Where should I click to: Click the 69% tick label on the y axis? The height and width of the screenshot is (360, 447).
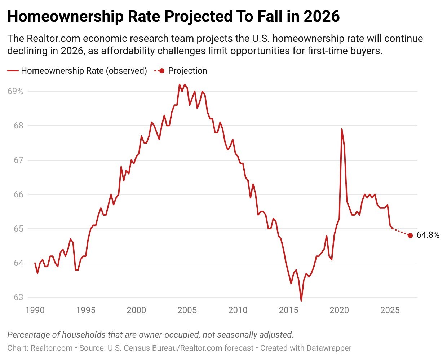coord(15,91)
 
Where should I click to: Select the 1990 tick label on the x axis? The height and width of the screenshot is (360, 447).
coord(35,310)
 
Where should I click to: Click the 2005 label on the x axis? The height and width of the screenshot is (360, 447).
coord(187,310)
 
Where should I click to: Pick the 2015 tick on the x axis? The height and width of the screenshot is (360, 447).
coord(288,310)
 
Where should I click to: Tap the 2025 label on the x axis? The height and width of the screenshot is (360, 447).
coord(390,310)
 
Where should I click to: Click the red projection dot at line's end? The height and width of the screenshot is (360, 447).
coord(410,236)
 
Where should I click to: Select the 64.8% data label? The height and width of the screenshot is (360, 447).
coord(428,235)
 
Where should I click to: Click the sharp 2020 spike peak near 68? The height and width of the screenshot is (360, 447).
coord(341,129)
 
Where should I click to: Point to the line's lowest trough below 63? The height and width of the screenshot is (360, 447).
coord(301,300)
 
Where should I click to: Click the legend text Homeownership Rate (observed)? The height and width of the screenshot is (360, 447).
coord(84,71)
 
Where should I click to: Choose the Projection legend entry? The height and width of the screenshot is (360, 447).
coord(187,71)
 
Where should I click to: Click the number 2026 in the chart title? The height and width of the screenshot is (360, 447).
coord(322,16)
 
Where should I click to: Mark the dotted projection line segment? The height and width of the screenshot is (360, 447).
coord(401,232)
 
